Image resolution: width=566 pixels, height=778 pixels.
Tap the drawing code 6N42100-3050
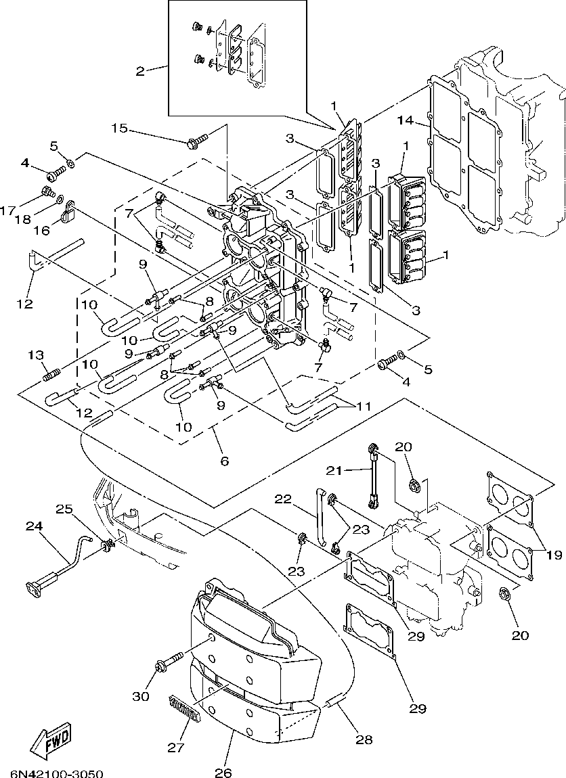click(57, 772)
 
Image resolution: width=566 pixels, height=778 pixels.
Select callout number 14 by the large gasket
click(406, 121)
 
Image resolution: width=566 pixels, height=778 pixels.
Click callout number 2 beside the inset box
click(140, 70)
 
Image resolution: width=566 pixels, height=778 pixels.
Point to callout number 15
click(119, 128)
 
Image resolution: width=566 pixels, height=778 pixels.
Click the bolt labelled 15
click(197, 142)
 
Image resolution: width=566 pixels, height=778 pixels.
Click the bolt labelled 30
click(170, 660)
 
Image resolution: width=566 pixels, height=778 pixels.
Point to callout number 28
click(364, 740)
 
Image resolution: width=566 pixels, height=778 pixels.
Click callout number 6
click(224, 461)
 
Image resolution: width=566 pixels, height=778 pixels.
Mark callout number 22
click(283, 499)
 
